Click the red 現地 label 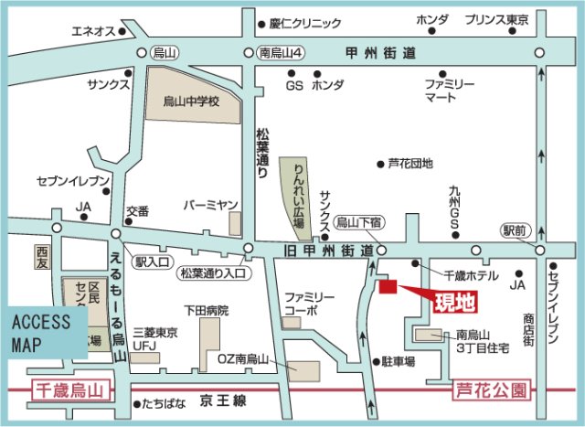click(x=454, y=301)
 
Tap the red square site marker click(x=387, y=287)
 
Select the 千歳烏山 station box click(x=69, y=390)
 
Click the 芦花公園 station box click(x=492, y=390)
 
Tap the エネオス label click(x=93, y=31)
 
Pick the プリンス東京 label click(x=498, y=19)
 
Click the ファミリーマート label click(x=448, y=89)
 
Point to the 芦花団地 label click(x=410, y=164)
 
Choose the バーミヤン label click(x=211, y=205)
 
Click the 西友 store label click(x=42, y=258)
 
